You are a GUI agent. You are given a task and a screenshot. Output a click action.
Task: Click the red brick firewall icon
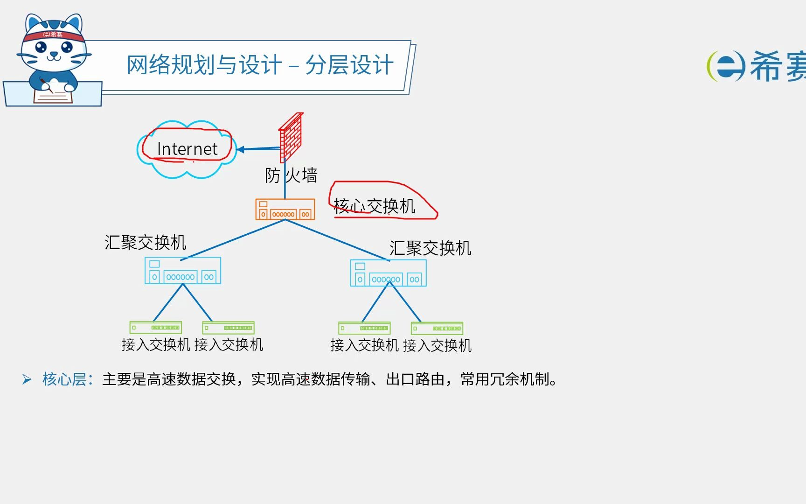[291, 137]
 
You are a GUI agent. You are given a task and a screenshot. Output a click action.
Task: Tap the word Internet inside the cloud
[187, 149]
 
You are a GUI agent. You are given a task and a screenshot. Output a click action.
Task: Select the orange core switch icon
[285, 209]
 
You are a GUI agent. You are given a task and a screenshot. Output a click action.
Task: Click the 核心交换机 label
[375, 206]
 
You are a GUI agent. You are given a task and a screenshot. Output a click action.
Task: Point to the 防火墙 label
[291, 175]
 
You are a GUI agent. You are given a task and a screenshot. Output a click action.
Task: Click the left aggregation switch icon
[183, 271]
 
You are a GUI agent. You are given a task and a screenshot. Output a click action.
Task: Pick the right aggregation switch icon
[388, 273]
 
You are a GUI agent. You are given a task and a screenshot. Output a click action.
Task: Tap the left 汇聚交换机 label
[146, 242]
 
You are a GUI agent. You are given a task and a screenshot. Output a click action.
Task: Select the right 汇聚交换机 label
[430, 248]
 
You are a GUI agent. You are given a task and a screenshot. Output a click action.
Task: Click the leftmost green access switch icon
[155, 328]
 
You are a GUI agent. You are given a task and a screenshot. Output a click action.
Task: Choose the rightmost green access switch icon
[437, 329]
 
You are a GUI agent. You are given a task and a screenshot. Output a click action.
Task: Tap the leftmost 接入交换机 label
[156, 345]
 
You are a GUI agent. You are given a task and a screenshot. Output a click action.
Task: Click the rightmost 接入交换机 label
[437, 346]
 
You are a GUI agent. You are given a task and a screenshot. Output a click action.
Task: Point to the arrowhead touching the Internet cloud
[241, 150]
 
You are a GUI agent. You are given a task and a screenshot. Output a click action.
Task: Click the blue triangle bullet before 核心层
[27, 379]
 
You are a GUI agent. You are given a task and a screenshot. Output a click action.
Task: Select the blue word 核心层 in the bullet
[64, 379]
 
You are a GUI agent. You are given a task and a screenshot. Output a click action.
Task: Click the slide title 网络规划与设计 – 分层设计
[260, 65]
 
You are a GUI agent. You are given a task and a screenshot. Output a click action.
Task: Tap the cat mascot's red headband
[53, 35]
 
